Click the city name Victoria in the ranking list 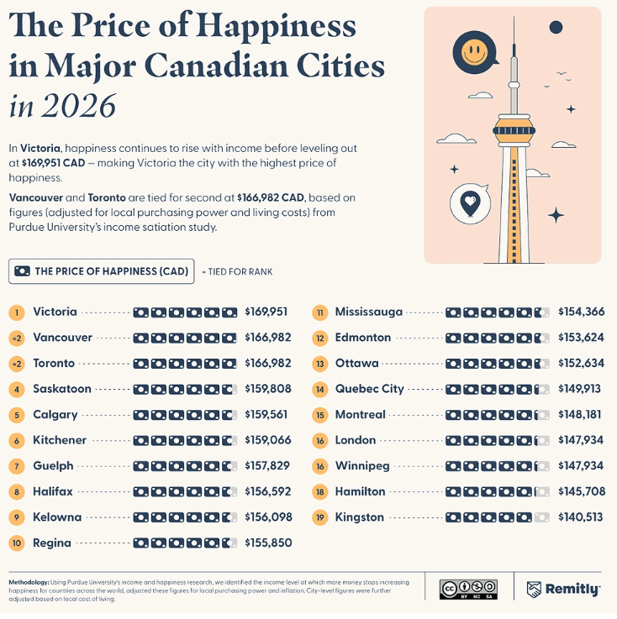[x=55, y=312]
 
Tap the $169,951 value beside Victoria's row [x=266, y=312]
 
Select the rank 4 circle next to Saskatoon [x=17, y=390]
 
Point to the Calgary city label [x=55, y=415]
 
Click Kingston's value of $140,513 [x=580, y=517]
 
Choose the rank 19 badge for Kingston [x=320, y=518]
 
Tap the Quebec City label [x=369, y=389]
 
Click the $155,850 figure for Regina [x=268, y=543]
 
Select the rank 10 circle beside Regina [x=17, y=543]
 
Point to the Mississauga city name [x=369, y=312]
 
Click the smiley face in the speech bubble [x=474, y=52]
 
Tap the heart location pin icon [x=470, y=204]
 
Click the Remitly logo [x=563, y=590]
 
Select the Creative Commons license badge [x=468, y=590]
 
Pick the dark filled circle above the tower [x=556, y=27]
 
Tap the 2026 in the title [x=79, y=106]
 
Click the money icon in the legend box [x=22, y=271]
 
